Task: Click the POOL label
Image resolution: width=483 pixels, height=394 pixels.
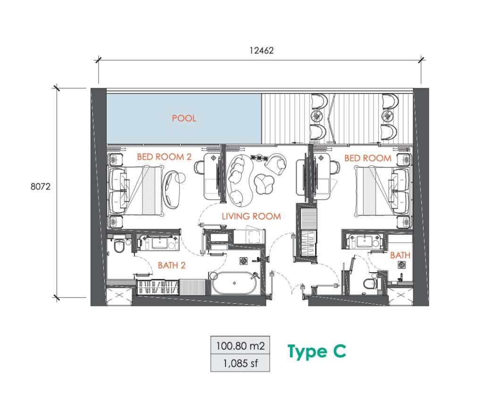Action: coord(184,118)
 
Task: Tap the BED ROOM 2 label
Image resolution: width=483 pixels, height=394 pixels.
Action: coord(164,157)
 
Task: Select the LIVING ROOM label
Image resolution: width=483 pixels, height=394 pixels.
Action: coord(251,216)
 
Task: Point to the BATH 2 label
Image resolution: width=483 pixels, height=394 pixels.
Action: coord(172,265)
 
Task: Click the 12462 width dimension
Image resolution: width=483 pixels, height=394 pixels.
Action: coord(261,50)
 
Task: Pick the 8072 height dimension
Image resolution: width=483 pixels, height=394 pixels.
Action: coord(41,187)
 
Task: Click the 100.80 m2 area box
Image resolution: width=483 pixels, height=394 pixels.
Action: coord(240,345)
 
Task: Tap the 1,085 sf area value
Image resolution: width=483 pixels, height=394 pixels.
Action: coord(241,363)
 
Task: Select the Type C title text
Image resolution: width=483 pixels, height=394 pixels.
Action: coord(316,351)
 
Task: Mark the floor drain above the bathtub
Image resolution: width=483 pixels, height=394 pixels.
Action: coord(244,261)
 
